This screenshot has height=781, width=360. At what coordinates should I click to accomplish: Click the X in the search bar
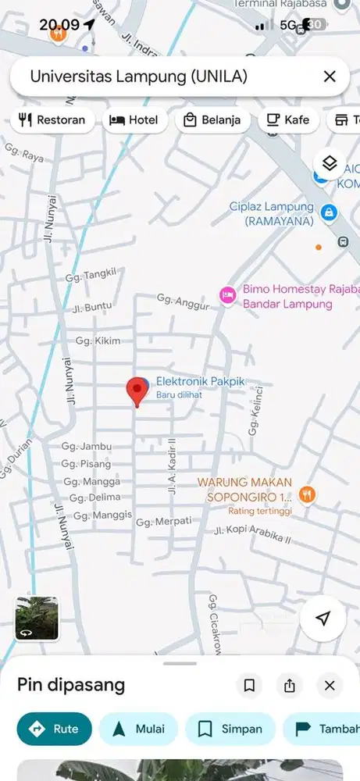coord(330,77)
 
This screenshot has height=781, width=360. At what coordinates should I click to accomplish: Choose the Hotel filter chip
coord(134,120)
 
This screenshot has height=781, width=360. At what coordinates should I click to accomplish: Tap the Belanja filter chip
coord(212,120)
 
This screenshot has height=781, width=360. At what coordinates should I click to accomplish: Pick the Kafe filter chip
coord(288,120)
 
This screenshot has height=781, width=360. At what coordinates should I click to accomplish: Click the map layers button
coord(330,163)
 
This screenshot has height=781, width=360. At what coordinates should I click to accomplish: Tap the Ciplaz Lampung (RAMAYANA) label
coord(272,214)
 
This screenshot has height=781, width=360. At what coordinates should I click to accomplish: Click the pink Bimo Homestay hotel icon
coord(227,294)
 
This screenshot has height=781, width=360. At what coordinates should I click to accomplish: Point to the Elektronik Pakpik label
coord(200,382)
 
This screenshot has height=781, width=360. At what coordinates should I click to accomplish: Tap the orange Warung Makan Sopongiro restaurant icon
coord(308,494)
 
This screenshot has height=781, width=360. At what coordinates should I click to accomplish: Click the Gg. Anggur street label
coord(183,301)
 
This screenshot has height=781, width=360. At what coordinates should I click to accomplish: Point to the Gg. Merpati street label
coord(164,521)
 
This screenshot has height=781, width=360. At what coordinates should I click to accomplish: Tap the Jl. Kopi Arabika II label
coord(252,533)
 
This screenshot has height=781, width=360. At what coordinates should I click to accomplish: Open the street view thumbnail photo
coord(37,619)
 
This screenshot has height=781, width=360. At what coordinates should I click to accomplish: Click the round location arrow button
coord(323,619)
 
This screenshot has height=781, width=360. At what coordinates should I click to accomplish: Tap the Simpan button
coord(230,729)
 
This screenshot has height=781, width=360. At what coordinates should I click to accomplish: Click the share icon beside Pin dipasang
coord(290,686)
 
